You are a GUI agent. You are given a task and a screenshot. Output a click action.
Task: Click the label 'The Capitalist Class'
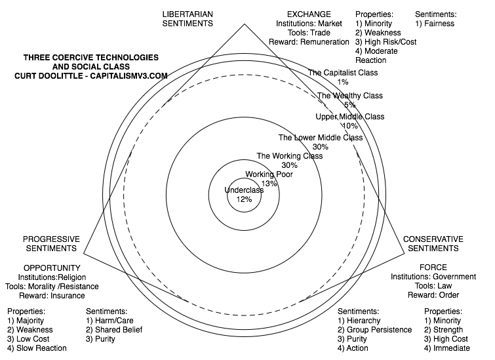(x=343, y=73)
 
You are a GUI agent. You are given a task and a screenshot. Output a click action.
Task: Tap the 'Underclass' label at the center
(x=244, y=190)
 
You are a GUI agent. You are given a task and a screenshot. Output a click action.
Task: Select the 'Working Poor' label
(x=269, y=174)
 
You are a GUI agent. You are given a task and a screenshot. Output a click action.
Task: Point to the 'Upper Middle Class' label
(x=349, y=117)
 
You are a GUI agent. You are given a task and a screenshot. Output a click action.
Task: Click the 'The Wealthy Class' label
(x=350, y=96)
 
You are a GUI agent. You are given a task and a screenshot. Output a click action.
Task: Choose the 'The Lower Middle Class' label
(x=321, y=138)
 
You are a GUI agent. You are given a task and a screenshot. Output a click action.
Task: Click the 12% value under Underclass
(x=244, y=199)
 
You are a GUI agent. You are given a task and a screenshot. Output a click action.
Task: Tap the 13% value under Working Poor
(x=269, y=184)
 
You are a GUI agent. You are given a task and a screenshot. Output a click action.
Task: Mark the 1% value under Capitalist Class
(x=343, y=82)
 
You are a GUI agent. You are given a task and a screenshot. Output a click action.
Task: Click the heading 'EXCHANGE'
(x=309, y=14)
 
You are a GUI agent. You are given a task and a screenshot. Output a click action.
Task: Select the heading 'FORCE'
(x=433, y=267)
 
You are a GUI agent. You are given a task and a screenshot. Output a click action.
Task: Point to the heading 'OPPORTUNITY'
(x=52, y=268)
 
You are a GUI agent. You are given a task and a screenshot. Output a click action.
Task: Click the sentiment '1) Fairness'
(x=435, y=24)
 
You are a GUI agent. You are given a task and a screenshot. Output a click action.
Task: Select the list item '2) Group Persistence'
(x=374, y=329)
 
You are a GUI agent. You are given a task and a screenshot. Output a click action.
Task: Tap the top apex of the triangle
(x=244, y=24)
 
